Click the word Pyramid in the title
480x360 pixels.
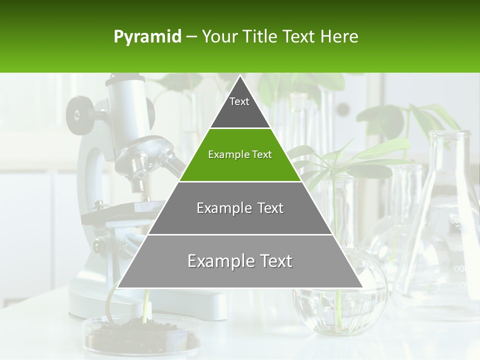147,37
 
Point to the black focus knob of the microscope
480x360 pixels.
80,114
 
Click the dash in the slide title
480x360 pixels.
191,37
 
